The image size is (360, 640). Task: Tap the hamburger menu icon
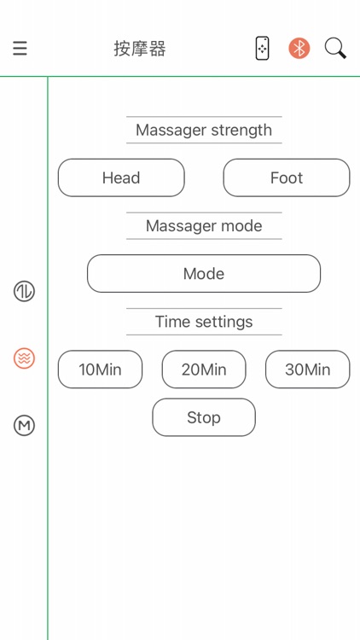tap(20, 48)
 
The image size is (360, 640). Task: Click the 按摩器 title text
tap(140, 49)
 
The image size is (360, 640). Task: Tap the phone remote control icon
tap(262, 49)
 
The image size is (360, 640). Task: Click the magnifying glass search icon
tap(335, 49)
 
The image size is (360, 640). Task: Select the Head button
tap(121, 177)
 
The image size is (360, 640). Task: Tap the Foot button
tap(287, 177)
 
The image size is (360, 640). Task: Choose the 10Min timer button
tap(100, 369)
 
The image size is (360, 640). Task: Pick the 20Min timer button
tap(204, 369)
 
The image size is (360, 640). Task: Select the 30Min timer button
tap(308, 369)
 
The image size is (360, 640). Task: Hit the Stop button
tap(204, 417)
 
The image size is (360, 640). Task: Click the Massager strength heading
tap(204, 131)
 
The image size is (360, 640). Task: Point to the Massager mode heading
tap(204, 226)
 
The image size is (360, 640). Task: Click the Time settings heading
tap(204, 322)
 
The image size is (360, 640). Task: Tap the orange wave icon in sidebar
tap(25, 358)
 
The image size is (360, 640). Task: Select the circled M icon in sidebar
tap(25, 425)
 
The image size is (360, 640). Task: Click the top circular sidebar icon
tap(25, 292)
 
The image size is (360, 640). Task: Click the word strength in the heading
tap(241, 131)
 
